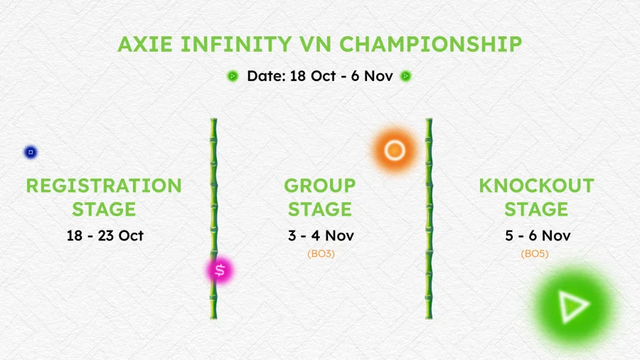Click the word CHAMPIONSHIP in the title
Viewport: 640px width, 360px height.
click(431, 44)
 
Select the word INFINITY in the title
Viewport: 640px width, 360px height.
click(236, 44)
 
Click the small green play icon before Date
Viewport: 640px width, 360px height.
click(233, 76)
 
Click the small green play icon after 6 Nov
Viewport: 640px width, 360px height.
click(406, 76)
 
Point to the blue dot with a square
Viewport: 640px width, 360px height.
click(31, 152)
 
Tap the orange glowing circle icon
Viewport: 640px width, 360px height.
click(394, 150)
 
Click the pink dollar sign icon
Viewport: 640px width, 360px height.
click(220, 270)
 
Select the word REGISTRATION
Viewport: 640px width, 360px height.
click(104, 186)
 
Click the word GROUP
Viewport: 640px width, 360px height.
click(320, 186)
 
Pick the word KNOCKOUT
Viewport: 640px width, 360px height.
click(536, 186)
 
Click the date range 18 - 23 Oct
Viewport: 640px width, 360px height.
click(105, 235)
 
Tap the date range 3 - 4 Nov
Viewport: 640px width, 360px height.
click(321, 235)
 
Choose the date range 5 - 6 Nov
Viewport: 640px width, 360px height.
click(538, 235)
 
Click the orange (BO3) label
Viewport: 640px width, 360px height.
click(321, 254)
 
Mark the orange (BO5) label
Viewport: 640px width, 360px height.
click(535, 254)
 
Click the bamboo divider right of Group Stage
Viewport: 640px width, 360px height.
click(429, 218)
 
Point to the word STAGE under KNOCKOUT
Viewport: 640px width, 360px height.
click(536, 209)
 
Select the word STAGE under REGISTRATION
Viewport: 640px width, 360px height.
click(104, 209)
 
